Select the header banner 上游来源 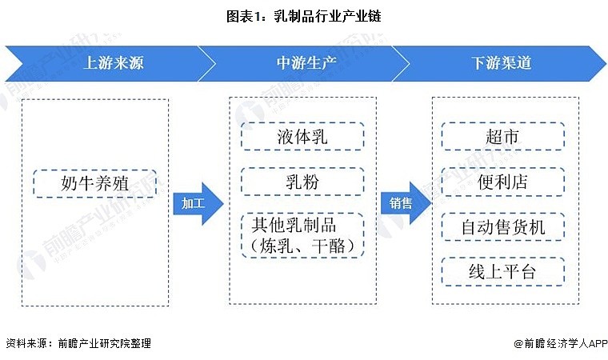(x=113, y=62)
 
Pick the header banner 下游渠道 (x=501, y=62)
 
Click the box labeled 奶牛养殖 (x=95, y=183)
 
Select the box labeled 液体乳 (x=302, y=136)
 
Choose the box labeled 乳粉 (x=302, y=182)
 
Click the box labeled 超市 (x=502, y=136)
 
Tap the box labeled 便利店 (x=502, y=182)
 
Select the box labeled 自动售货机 (x=502, y=227)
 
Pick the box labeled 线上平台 (x=502, y=272)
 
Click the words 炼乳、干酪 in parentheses (x=302, y=246)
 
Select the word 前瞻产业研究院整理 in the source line (x=104, y=344)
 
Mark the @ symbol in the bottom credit (x=519, y=344)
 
